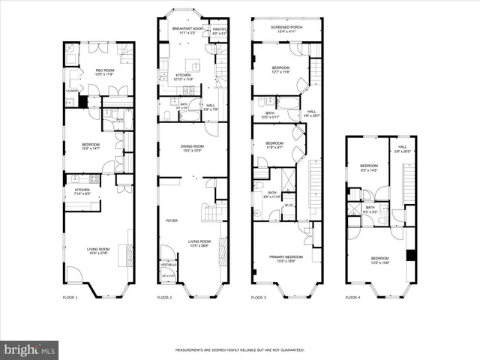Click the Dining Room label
tap(193, 148)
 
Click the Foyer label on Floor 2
tap(171, 220)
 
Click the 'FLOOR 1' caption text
tap(70, 298)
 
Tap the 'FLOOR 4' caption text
tap(353, 298)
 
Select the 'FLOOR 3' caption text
tap(259, 298)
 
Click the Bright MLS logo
tap(29, 350)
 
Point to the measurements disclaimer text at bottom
tap(239, 349)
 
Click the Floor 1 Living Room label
tap(98, 251)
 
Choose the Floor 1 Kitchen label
tap(82, 191)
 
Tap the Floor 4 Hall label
tap(403, 148)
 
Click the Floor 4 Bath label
tap(370, 208)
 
